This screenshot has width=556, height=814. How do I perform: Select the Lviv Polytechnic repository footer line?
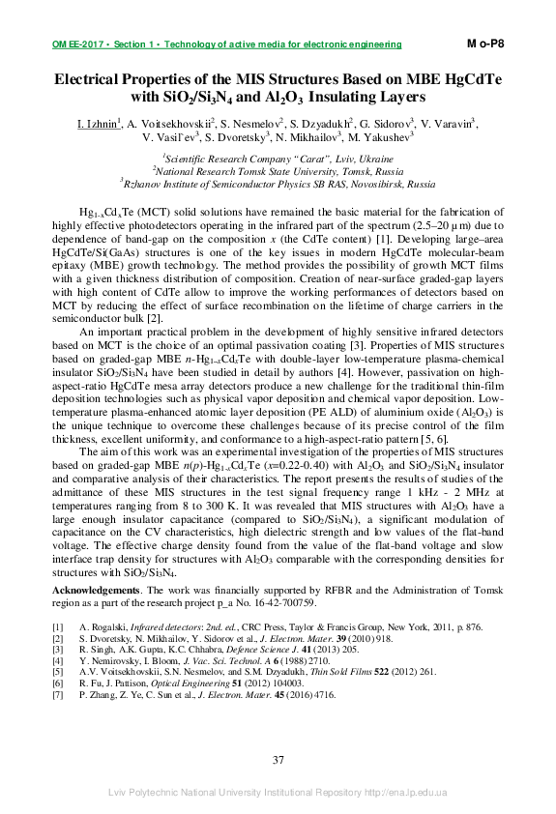click(x=278, y=793)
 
